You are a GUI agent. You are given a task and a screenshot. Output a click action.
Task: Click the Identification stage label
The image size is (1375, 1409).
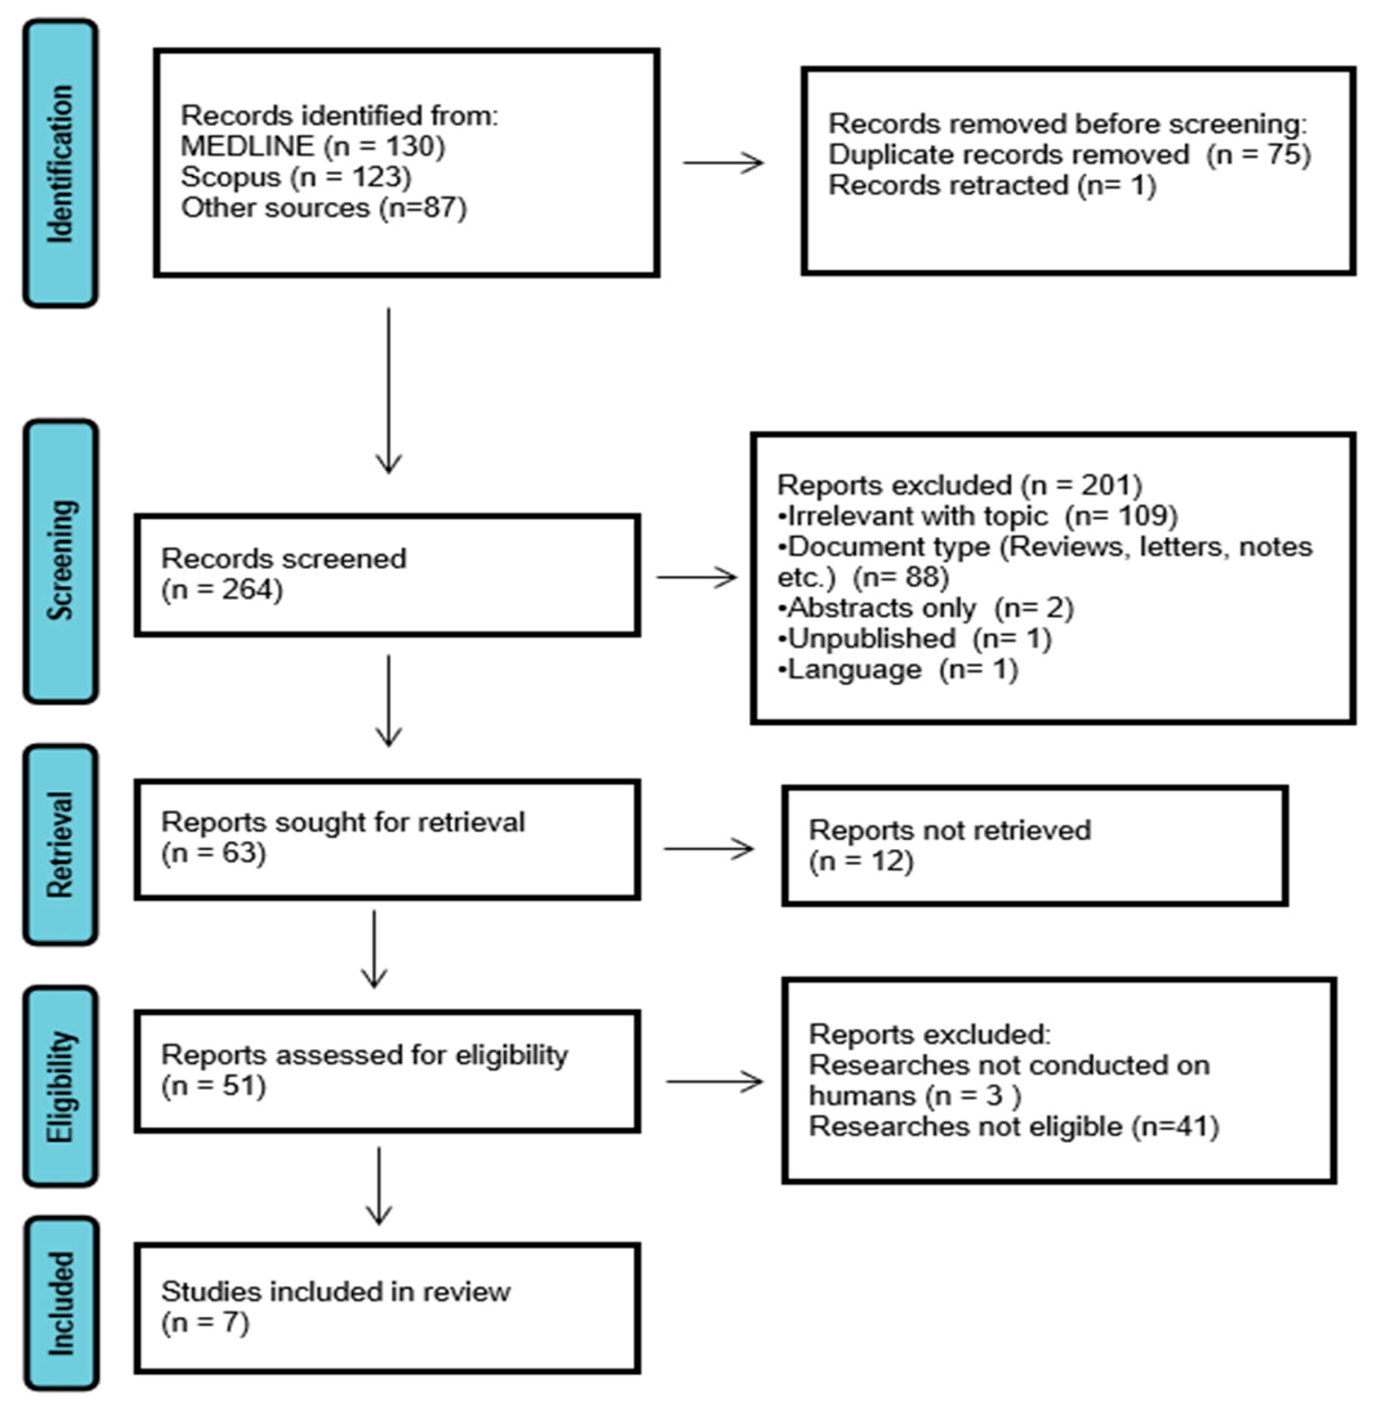coord(60,163)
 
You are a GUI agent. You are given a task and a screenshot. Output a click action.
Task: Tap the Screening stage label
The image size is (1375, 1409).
coord(60,561)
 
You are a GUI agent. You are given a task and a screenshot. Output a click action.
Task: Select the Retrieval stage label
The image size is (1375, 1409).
coord(60,844)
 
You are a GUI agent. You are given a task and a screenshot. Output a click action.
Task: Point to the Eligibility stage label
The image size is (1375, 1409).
coord(60,1086)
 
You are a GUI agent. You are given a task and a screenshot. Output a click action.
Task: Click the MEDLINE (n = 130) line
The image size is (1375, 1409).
coord(313,146)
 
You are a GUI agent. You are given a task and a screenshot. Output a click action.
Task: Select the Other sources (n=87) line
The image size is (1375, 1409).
coord(323,208)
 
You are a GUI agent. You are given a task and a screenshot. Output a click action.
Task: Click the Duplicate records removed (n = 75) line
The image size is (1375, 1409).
coord(1069,155)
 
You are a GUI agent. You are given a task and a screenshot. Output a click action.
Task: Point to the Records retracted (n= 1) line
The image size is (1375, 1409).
coord(992,186)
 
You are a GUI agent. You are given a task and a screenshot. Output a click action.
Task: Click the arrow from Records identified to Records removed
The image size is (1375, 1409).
coord(723,163)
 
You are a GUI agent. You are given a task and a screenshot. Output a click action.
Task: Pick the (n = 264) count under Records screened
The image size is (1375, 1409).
coord(222,590)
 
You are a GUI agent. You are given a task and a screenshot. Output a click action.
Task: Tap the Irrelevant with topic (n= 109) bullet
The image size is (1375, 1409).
coord(977,516)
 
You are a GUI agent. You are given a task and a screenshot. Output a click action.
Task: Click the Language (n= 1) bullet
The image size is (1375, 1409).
coord(898,669)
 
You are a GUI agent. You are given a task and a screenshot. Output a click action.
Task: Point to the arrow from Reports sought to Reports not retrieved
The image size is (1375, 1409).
coord(709,848)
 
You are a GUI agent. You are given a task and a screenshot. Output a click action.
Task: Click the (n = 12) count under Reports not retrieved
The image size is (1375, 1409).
coord(861,861)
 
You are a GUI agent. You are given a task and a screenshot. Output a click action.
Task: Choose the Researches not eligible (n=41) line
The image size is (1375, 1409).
coord(1013,1127)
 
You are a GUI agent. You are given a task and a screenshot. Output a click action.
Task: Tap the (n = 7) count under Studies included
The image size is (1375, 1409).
coord(205,1323)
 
